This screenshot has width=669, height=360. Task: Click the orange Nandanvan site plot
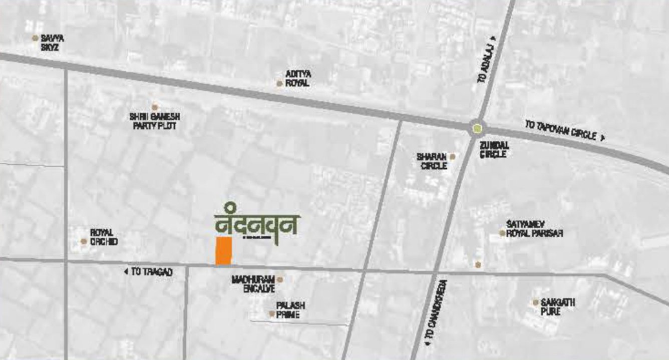[223, 251]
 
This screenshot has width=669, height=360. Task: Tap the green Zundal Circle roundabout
[478, 128]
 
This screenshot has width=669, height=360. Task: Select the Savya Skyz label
[53, 43]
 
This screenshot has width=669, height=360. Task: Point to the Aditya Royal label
[298, 79]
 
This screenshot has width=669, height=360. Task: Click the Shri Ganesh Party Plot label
[154, 121]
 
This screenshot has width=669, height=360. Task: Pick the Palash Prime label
[290, 310]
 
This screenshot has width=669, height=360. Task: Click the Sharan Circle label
[431, 161]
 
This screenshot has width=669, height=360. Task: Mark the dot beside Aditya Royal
[279, 84]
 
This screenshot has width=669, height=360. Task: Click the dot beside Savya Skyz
[35, 38]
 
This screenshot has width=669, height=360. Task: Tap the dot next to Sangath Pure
[535, 302]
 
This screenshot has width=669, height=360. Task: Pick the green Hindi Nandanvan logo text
[257, 225]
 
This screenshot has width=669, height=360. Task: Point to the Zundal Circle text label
[494, 149]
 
